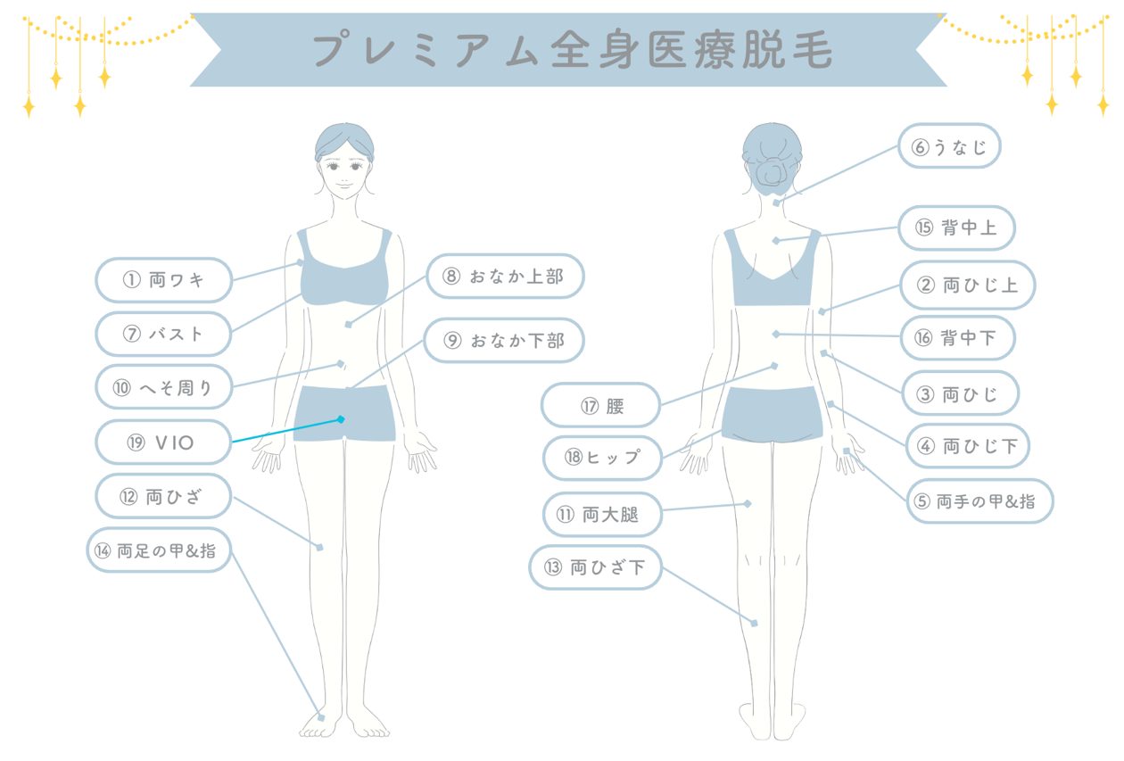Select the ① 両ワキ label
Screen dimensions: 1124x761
[x=163, y=279]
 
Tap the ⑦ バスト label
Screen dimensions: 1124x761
[x=163, y=334]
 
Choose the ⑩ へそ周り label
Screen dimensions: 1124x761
[x=163, y=387]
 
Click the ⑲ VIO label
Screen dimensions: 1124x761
[x=163, y=443]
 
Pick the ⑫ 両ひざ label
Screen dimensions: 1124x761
[x=163, y=496]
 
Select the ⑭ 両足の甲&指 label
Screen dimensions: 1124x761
[x=159, y=550]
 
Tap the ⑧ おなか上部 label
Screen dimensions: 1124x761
[x=505, y=276]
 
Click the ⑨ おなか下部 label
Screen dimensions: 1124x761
[x=504, y=340]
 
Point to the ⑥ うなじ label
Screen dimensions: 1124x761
[x=949, y=146]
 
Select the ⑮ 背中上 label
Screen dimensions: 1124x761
[x=957, y=227]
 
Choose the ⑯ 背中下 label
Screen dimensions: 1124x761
[x=958, y=338]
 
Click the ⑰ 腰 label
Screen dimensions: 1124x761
[x=600, y=406]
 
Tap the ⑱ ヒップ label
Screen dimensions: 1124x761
[x=603, y=458]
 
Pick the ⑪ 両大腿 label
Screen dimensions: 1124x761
[x=603, y=515]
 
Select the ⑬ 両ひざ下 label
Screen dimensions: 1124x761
[x=596, y=567]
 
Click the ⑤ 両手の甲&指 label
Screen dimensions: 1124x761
[x=980, y=501]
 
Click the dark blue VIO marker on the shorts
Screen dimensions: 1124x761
[x=341, y=419]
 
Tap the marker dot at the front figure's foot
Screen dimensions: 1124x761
[x=322, y=718]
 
